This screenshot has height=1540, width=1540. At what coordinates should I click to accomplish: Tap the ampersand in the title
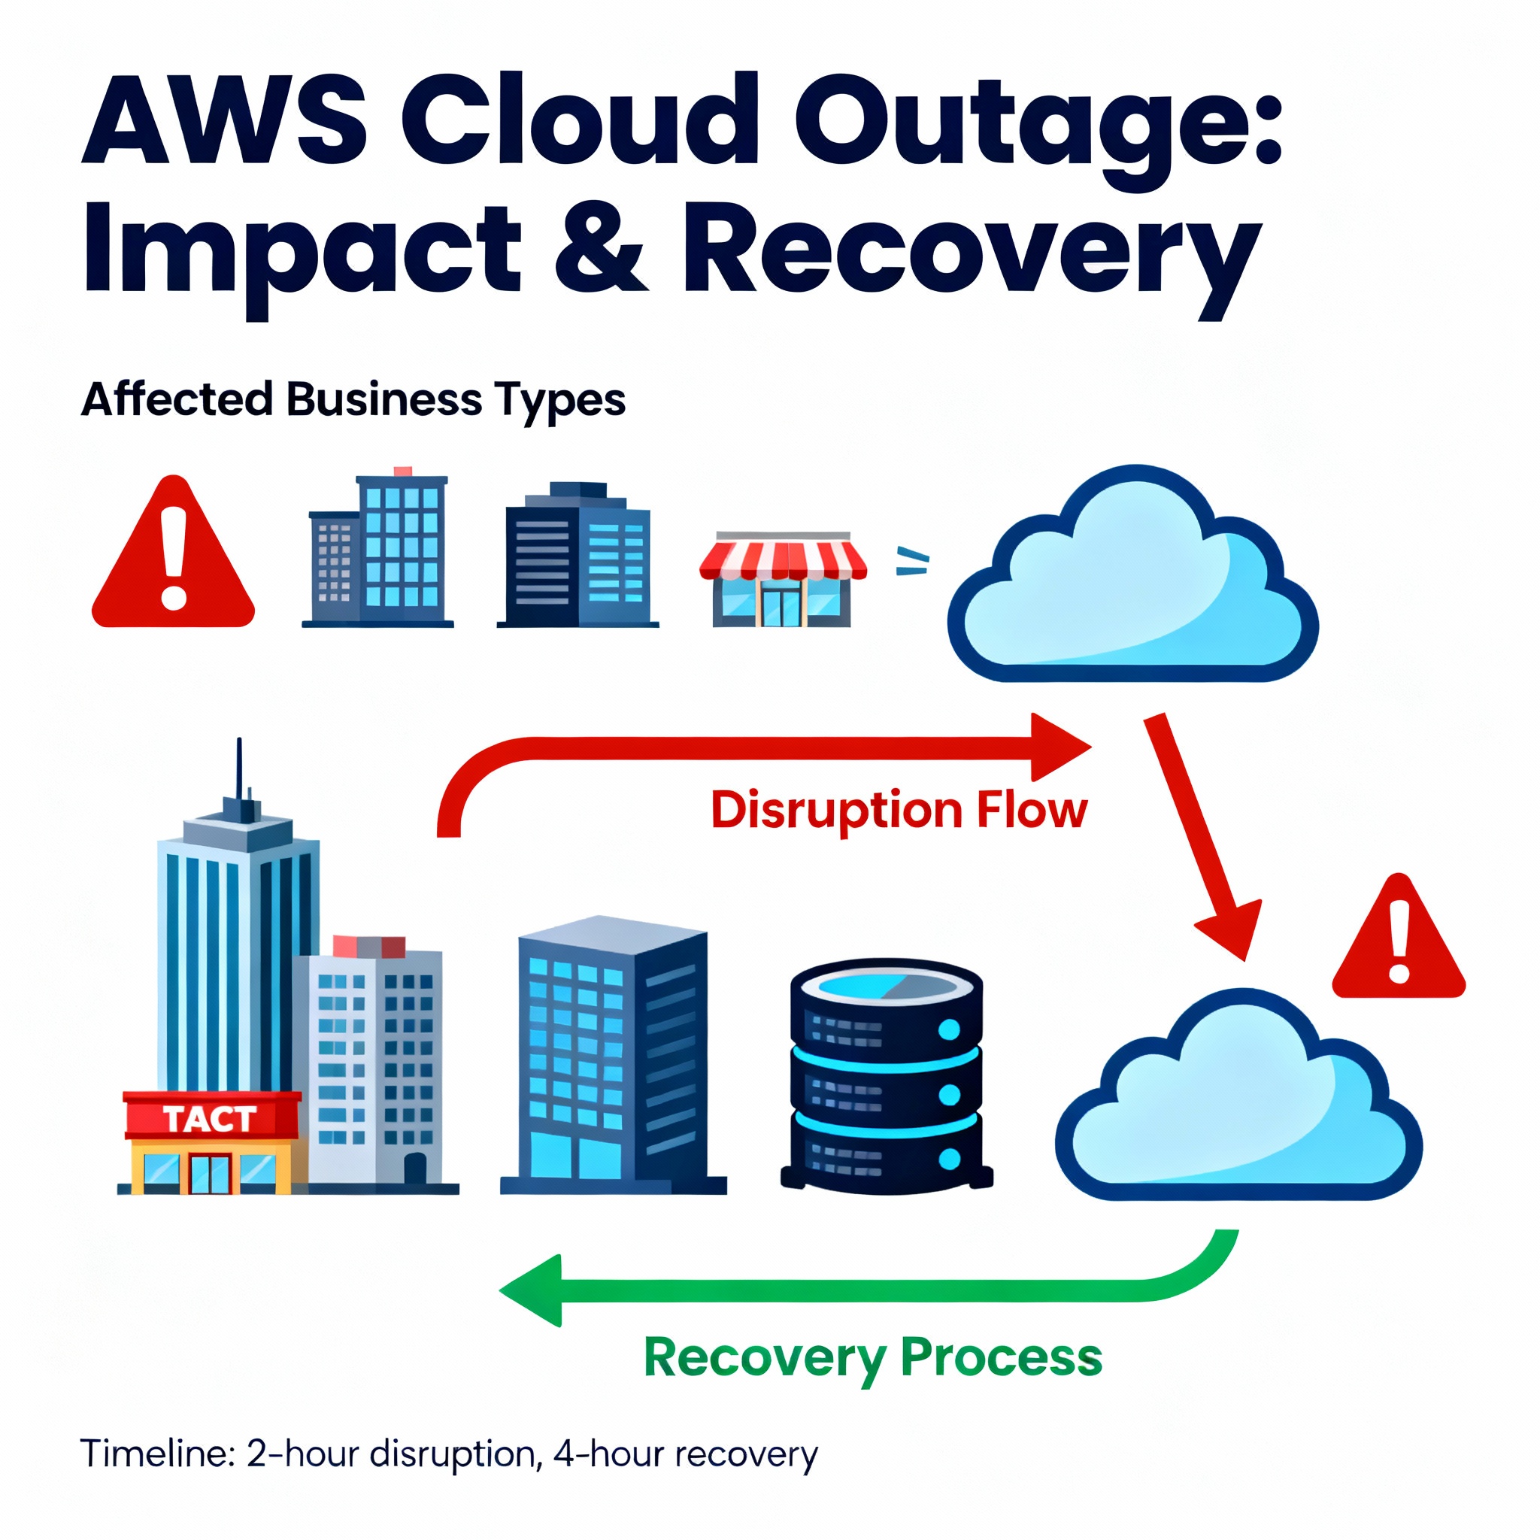point(599,248)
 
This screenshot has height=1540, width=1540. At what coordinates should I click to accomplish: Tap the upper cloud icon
point(1132,578)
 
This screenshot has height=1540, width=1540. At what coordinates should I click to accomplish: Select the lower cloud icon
point(1238,1100)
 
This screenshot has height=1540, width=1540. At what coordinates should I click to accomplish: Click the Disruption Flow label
point(899,810)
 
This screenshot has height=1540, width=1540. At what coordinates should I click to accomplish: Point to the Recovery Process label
point(873,1357)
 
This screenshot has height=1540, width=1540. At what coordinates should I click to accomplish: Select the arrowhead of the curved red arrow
point(1060,746)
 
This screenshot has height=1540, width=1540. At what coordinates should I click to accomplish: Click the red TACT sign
point(211,1118)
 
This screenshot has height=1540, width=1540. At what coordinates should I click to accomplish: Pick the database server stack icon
point(887,1075)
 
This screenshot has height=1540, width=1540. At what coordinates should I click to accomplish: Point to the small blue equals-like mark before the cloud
point(912,561)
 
